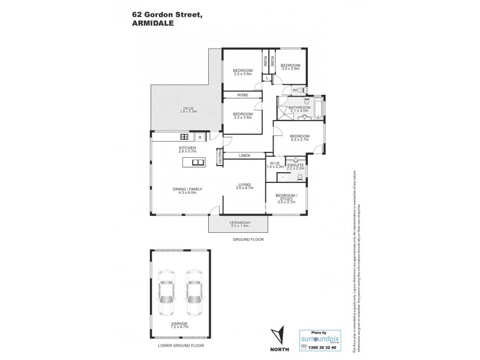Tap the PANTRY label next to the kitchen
220,156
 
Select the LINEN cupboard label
244,155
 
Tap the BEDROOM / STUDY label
286,197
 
